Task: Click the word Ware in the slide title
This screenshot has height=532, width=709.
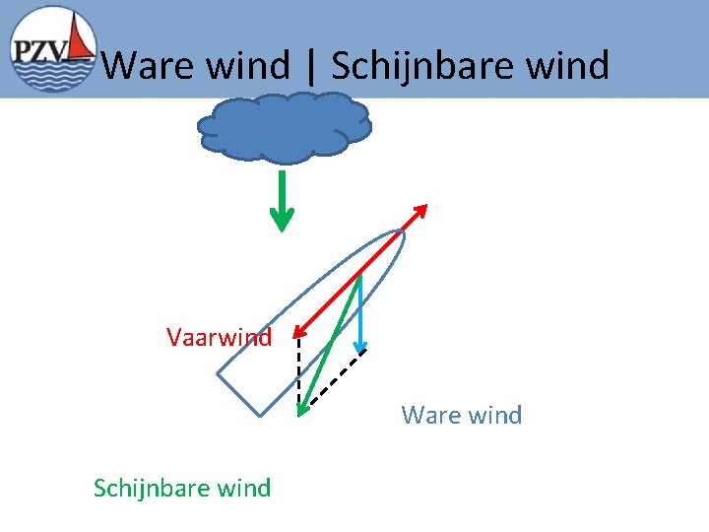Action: click(147, 66)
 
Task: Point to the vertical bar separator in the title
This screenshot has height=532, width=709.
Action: click(312, 67)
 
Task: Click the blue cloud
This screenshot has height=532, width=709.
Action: click(284, 127)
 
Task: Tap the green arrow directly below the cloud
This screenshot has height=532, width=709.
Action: click(283, 202)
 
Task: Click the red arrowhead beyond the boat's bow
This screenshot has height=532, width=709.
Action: click(421, 210)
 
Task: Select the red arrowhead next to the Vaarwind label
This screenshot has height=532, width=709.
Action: click(298, 334)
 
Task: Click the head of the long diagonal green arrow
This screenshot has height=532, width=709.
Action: click(302, 408)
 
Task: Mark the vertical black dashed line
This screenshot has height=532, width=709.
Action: click(298, 374)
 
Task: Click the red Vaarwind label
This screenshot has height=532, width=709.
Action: click(219, 338)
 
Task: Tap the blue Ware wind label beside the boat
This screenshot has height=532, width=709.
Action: click(461, 415)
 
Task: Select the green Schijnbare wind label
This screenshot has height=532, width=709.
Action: click(182, 488)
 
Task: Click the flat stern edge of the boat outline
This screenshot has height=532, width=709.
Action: click(238, 394)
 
